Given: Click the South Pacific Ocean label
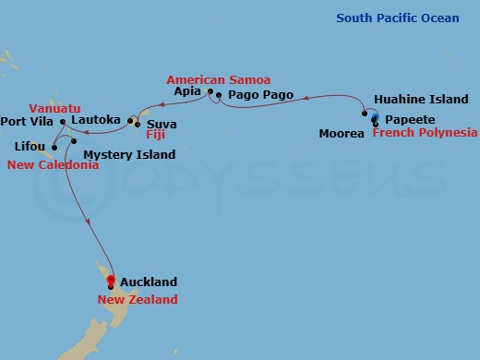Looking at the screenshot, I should pyautogui.click(x=398, y=18).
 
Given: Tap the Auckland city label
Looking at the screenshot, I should pyautogui.click(x=148, y=282).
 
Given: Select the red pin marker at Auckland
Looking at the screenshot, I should pyautogui.click(x=111, y=281).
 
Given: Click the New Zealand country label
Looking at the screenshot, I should pyautogui.click(x=138, y=299).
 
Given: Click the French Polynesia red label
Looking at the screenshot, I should pyautogui.click(x=425, y=133).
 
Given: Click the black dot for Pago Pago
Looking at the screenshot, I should pyautogui.click(x=219, y=95).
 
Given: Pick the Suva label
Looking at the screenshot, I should pyautogui.click(x=162, y=124).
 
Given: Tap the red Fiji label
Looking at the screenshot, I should pyautogui.click(x=155, y=135).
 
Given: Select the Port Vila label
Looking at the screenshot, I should pyautogui.click(x=29, y=121).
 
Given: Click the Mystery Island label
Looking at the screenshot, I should pyautogui.click(x=129, y=154).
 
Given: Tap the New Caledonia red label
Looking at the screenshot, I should pyautogui.click(x=53, y=164).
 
